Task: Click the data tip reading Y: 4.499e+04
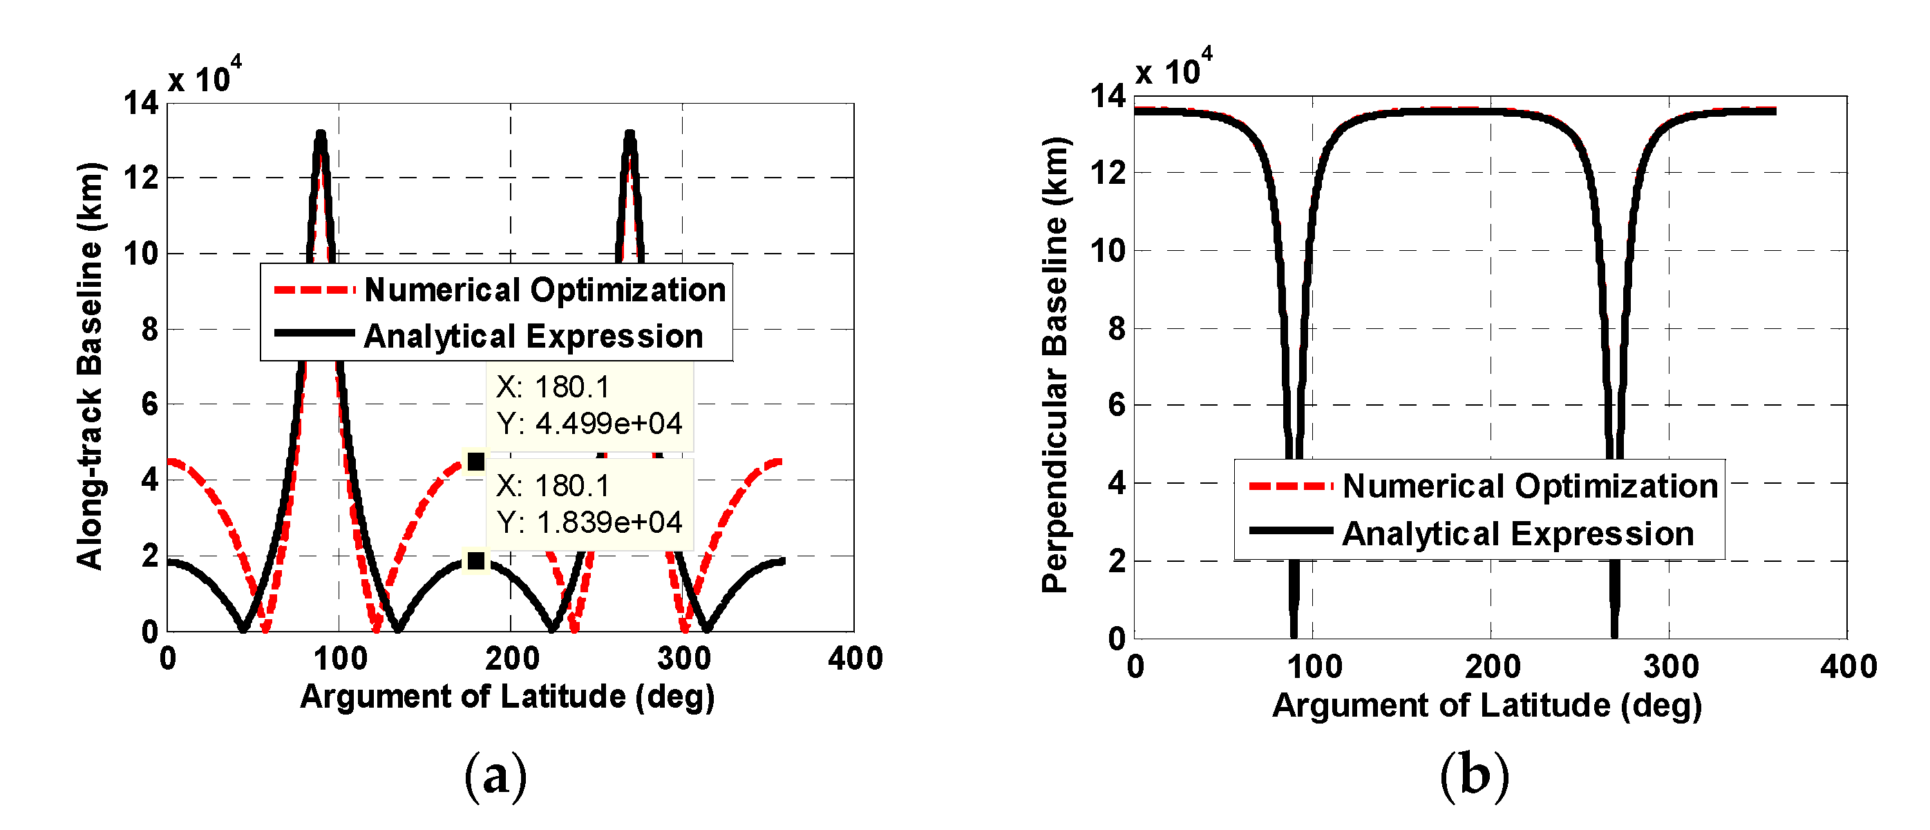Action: click(589, 406)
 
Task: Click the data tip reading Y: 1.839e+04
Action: click(589, 504)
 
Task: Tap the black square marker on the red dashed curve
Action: click(475, 462)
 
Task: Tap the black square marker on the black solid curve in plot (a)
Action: click(475, 560)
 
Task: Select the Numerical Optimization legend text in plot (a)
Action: click(545, 290)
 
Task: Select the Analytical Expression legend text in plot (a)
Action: click(533, 337)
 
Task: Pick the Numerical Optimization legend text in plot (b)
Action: click(1530, 486)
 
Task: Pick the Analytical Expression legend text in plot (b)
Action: click(1518, 534)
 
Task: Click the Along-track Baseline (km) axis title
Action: click(90, 366)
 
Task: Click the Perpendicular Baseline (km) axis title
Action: click(1056, 366)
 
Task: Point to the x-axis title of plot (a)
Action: click(507, 697)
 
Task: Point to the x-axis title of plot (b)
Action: click(1487, 706)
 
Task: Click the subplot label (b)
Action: click(1474, 777)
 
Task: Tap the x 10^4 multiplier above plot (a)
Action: click(205, 77)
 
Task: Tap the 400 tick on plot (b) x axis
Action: click(1848, 667)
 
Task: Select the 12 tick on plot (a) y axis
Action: click(142, 178)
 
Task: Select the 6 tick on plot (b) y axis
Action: click(1117, 405)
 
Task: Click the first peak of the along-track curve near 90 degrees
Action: click(321, 136)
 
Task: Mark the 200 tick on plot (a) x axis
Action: click(512, 659)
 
